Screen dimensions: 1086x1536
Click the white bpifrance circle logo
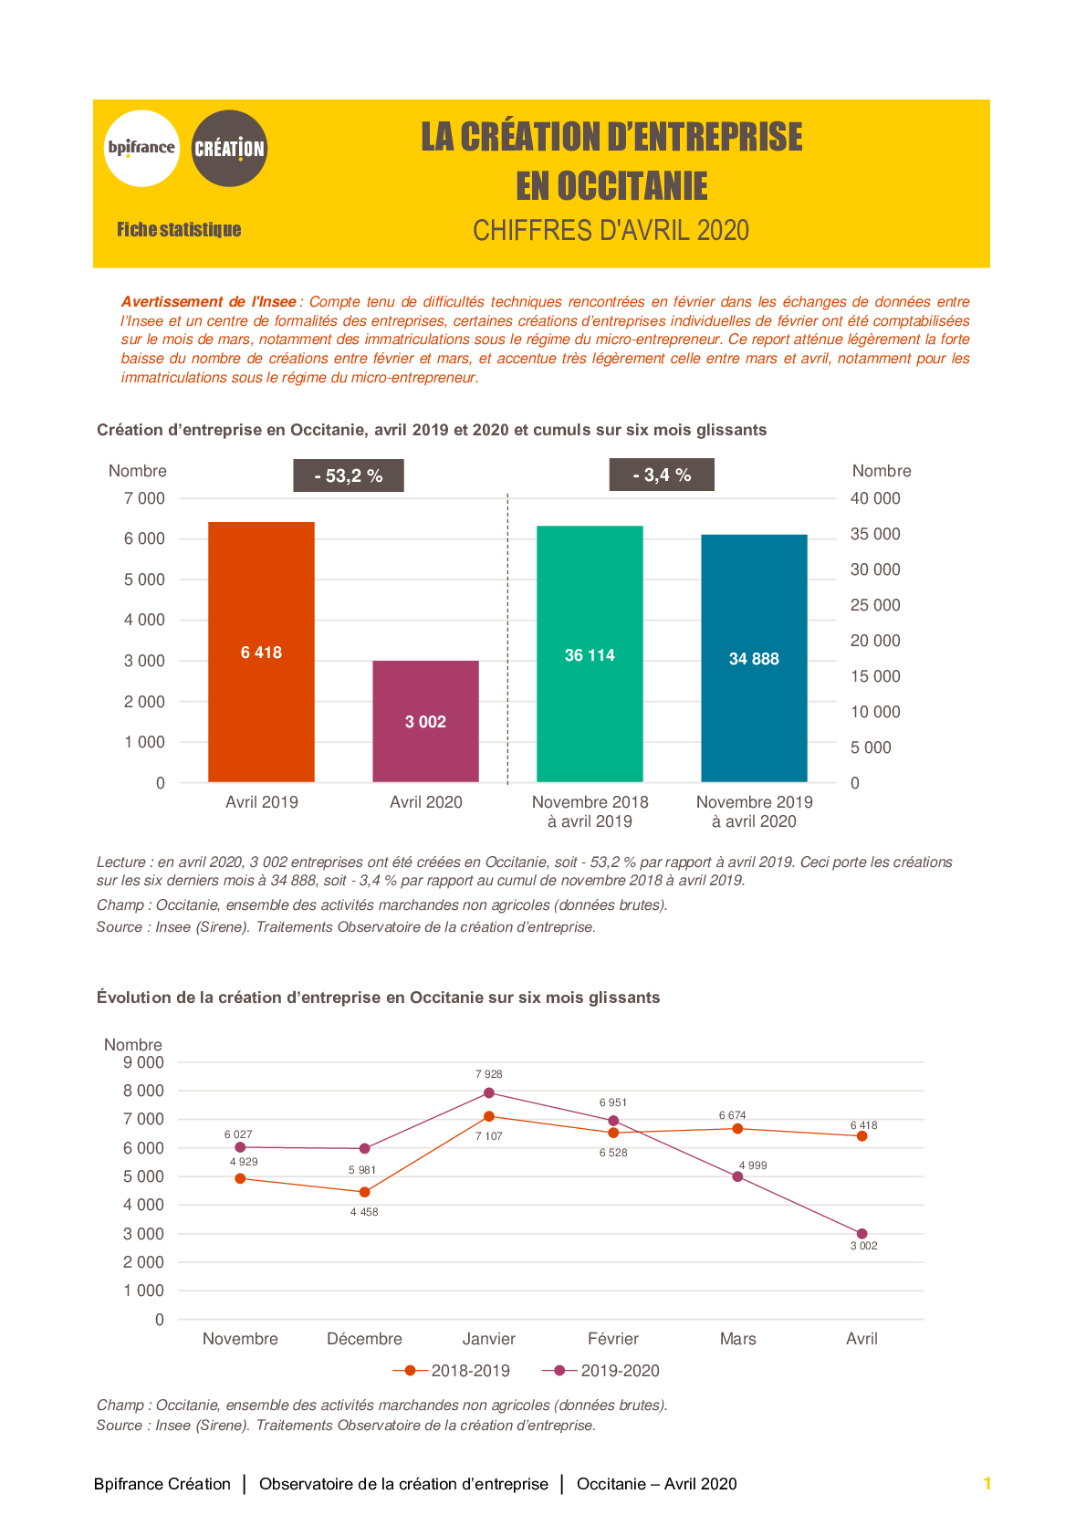tap(141, 148)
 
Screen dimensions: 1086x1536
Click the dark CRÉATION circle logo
tap(229, 148)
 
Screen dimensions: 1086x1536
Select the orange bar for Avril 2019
tap(261, 652)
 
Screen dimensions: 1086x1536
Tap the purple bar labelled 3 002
tap(426, 721)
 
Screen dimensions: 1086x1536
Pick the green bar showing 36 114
tap(590, 653)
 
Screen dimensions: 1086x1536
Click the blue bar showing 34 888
tap(754, 658)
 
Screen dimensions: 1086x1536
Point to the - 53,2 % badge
tap(349, 475)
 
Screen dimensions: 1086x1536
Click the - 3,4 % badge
tap(662, 475)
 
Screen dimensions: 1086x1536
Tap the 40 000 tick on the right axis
tap(875, 498)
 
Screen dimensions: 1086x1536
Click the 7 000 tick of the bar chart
tap(144, 498)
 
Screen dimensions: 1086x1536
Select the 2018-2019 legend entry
tap(451, 1371)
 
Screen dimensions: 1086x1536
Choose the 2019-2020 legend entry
tap(600, 1371)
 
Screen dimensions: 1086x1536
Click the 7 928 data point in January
tap(489, 1092)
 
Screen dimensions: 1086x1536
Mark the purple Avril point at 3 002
tap(861, 1234)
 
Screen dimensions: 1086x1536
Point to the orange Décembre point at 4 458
tap(365, 1192)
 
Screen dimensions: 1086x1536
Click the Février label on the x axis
tap(613, 1339)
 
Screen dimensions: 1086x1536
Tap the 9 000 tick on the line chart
tap(143, 1062)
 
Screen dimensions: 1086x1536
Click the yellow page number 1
tap(987, 1484)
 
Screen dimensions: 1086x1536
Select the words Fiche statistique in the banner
tap(178, 229)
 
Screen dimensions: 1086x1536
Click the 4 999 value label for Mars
tap(753, 1165)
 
